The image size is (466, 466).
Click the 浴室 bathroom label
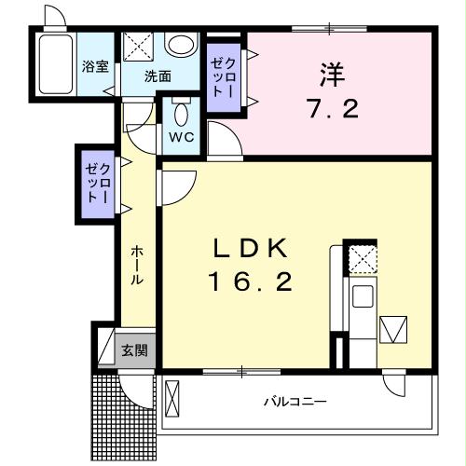coord(95,67)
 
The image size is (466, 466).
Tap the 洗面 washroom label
coord(157,76)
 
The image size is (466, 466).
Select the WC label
coord(180,135)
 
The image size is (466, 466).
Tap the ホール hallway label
coord(136,266)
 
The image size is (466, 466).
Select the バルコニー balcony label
coord(294,403)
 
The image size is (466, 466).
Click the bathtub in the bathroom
coord(58,66)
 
